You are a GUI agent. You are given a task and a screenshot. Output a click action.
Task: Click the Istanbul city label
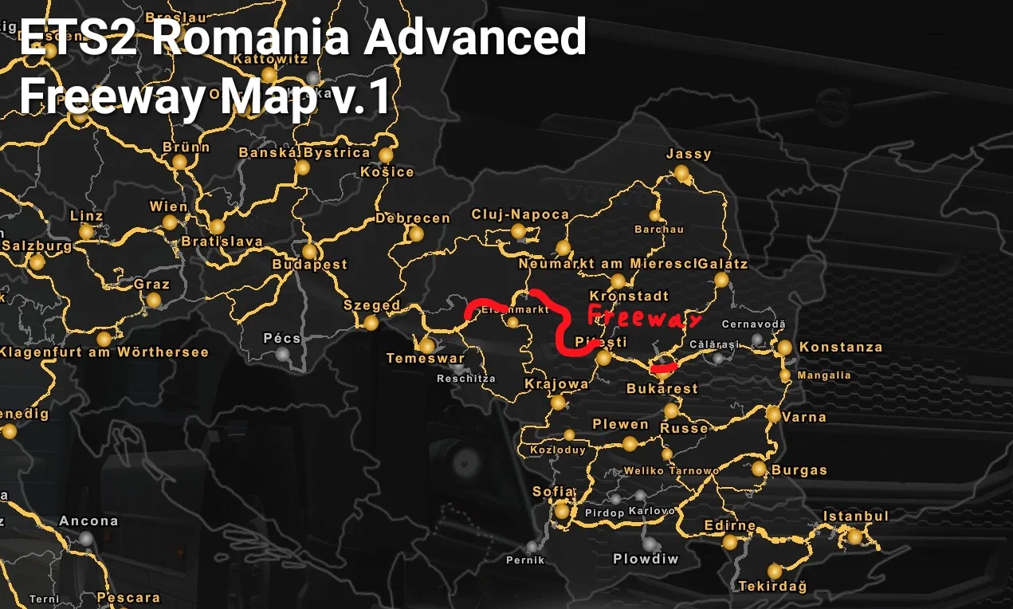click(x=855, y=517)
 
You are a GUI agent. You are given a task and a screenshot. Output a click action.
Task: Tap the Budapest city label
click(x=309, y=265)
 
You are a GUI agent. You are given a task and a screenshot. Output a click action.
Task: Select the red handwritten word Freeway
click(x=645, y=316)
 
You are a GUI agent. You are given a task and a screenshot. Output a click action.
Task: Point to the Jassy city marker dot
click(x=681, y=172)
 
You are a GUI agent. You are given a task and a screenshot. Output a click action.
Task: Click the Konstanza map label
click(x=841, y=348)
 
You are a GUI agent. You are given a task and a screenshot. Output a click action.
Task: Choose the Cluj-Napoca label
click(x=520, y=214)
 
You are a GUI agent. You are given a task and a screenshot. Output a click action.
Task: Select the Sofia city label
click(x=553, y=492)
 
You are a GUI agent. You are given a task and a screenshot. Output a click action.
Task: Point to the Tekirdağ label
click(x=772, y=587)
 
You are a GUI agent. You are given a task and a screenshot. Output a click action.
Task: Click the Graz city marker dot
click(x=153, y=301)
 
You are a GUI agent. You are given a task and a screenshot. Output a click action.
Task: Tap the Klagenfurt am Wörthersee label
click(x=104, y=352)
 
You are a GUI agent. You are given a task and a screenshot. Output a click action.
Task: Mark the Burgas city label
click(x=799, y=470)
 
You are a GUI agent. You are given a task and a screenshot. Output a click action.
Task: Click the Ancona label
click(x=88, y=521)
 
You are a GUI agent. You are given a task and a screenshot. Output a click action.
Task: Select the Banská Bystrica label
click(x=304, y=152)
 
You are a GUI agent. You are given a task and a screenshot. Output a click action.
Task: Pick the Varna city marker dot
click(x=773, y=415)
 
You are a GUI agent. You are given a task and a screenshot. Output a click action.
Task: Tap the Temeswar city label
click(x=425, y=359)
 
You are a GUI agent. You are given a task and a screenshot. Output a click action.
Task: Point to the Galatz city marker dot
click(x=721, y=280)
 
